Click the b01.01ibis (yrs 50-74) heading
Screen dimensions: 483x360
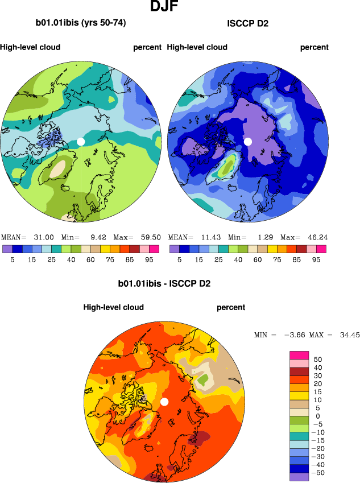[81, 23]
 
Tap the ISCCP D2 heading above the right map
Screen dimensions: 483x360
[247, 23]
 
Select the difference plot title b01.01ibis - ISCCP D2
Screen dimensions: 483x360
[164, 283]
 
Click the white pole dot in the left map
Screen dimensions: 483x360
[81, 141]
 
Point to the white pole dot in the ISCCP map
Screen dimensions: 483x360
[247, 141]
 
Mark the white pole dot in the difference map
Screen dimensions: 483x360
[164, 402]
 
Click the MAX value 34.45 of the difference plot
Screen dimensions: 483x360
[349, 335]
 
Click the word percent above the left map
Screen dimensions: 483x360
[147, 47]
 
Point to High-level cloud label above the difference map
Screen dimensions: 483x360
[113, 307]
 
